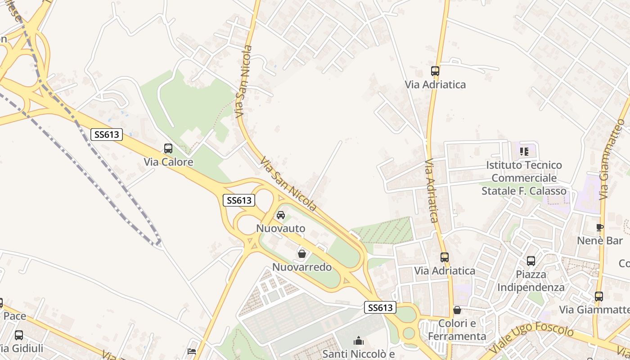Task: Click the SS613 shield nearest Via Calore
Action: click(x=107, y=134)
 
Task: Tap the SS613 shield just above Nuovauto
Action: click(x=239, y=200)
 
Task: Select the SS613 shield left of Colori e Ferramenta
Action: click(x=380, y=308)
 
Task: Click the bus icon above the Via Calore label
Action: click(x=168, y=148)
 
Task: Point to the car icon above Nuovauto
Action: click(x=281, y=215)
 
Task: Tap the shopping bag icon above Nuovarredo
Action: click(x=302, y=254)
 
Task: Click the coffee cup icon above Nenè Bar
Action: click(x=600, y=227)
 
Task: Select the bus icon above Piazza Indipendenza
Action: click(x=531, y=261)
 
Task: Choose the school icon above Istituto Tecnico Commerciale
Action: click(x=524, y=152)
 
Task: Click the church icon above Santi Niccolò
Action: click(x=359, y=341)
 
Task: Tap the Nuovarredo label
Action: click(x=302, y=267)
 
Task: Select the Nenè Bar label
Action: click(x=600, y=241)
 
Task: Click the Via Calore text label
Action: click(x=168, y=162)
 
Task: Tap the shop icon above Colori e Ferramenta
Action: click(x=457, y=310)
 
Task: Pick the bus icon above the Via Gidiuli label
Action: click(x=19, y=335)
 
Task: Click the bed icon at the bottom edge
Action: click(x=192, y=351)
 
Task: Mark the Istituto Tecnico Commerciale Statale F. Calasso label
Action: click(x=524, y=178)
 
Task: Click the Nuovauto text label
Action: click(x=281, y=229)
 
